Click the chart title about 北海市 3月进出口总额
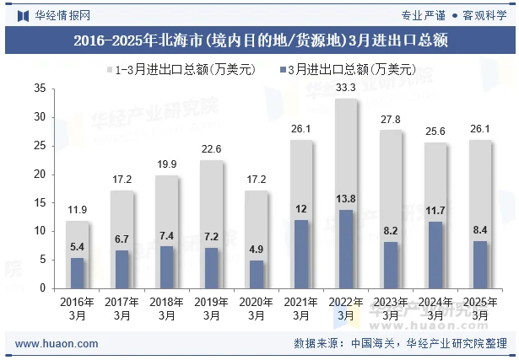point(259,40)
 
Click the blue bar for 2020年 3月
point(257,274)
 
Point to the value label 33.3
point(346,87)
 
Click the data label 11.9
point(78,209)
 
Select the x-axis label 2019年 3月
point(212,308)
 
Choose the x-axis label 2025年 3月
point(480,308)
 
